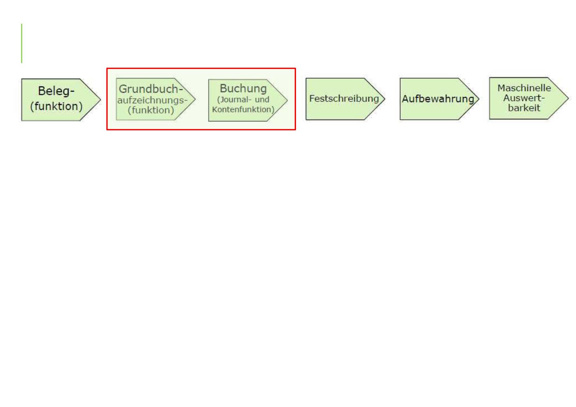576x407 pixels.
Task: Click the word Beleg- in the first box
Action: pos(56,91)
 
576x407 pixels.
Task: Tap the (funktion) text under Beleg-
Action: pos(56,106)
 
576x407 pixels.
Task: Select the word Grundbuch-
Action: pos(151,89)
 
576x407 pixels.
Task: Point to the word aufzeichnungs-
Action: pos(152,100)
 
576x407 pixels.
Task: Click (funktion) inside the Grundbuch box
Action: pos(151,110)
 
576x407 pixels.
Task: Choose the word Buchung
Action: pos(243,89)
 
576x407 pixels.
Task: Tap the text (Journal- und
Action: pos(243,99)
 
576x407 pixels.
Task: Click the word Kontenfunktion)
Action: pos(243,110)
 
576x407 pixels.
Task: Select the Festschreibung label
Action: pos(344,99)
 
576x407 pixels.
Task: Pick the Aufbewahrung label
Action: pos(438,99)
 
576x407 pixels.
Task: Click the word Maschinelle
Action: pos(524,88)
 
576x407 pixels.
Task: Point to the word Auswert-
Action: pos(524,98)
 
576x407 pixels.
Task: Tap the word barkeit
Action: pos(524,108)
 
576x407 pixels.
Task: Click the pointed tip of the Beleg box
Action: pos(101,100)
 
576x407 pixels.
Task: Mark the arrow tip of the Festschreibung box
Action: pos(385,99)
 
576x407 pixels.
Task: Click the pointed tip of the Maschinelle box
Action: pos(568,98)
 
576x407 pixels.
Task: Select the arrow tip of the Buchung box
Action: pos(287,100)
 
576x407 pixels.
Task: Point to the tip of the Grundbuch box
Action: pos(195,99)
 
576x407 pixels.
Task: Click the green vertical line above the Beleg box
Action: pos(22,43)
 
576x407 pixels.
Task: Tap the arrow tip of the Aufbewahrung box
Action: pos(479,99)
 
